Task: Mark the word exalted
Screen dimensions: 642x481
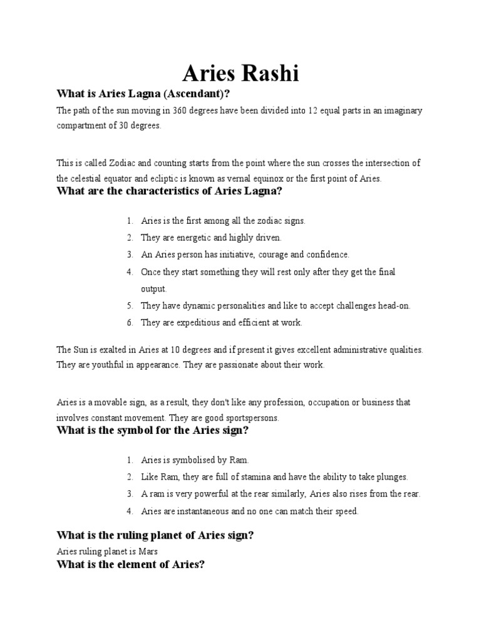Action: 116,349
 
